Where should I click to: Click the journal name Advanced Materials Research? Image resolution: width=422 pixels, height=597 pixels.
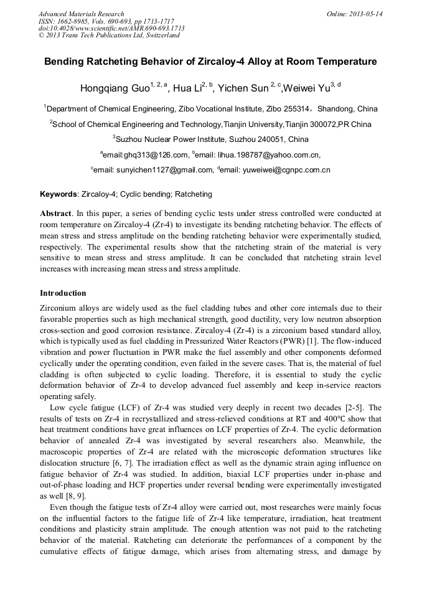81,14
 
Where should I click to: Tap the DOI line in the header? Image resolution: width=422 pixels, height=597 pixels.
111,28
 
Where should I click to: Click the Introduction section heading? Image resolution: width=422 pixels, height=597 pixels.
63,293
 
